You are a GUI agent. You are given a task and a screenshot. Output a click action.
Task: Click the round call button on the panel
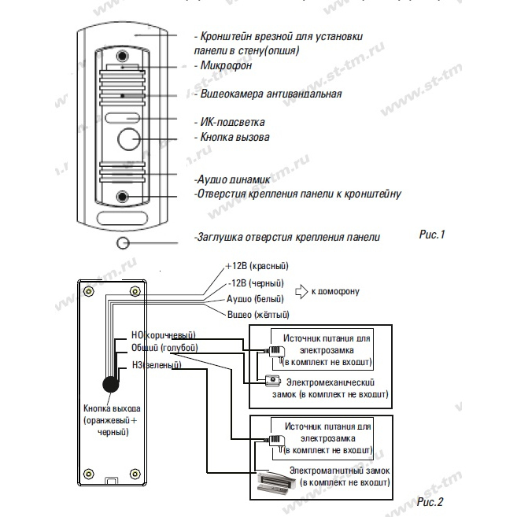pyautogui.click(x=129, y=139)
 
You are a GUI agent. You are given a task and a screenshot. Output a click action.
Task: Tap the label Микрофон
pyautogui.click(x=226, y=65)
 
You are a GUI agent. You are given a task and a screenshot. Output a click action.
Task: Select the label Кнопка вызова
pyautogui.click(x=234, y=137)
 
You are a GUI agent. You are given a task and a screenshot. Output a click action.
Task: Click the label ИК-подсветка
pyautogui.click(x=232, y=122)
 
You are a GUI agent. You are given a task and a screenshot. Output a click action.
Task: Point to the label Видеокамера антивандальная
pyautogui.click(x=271, y=94)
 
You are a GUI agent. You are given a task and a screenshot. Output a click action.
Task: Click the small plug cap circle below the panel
pyautogui.click(x=123, y=243)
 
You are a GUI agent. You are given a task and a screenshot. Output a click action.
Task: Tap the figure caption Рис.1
pyautogui.click(x=432, y=234)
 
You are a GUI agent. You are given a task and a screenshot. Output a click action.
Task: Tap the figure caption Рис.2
pyautogui.click(x=430, y=502)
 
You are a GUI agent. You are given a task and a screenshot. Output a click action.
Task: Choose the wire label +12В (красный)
pyautogui.click(x=257, y=266)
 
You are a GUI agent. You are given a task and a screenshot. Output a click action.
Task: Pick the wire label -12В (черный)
pyautogui.click(x=256, y=283)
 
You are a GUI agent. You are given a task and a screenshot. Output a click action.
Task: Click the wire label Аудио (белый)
pyautogui.click(x=255, y=299)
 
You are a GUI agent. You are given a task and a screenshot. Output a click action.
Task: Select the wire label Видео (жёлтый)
pyautogui.click(x=258, y=315)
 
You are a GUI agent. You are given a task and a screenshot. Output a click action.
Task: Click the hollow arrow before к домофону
pyautogui.click(x=301, y=291)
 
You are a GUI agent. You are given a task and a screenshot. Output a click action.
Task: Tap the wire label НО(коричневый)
pyautogui.click(x=164, y=335)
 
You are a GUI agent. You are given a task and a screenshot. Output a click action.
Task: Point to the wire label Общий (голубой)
pyautogui.click(x=164, y=348)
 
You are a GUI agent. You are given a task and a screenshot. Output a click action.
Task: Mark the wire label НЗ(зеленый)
pyautogui.click(x=157, y=365)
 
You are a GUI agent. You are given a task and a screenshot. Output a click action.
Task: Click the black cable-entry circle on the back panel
pyautogui.click(x=111, y=384)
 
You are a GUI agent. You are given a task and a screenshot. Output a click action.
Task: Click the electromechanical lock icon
pyautogui.click(x=273, y=380)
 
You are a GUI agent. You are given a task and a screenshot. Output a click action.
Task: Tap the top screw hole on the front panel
pyautogui.click(x=122, y=55)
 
